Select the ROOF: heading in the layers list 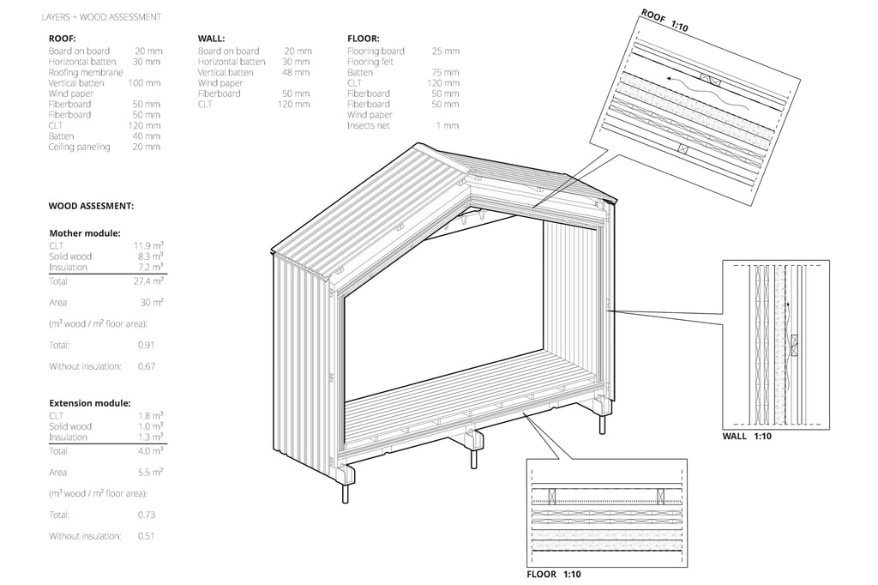click(x=63, y=39)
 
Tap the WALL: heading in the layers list click(x=211, y=39)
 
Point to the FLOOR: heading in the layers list click(x=364, y=39)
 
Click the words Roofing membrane click(x=86, y=72)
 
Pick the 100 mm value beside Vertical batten click(x=144, y=83)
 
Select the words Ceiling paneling click(x=79, y=147)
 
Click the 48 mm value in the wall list click(x=296, y=73)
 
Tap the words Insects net click(x=369, y=125)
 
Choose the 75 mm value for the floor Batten click(x=445, y=73)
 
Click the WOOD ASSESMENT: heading click(x=91, y=207)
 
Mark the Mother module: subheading click(x=84, y=233)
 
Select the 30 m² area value click(x=152, y=302)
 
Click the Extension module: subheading click(x=89, y=402)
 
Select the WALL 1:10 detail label click(x=747, y=437)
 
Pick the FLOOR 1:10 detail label click(x=553, y=574)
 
